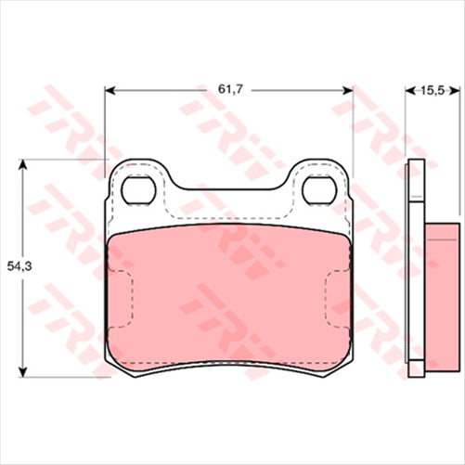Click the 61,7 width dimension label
(229, 89)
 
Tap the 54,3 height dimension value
(20, 267)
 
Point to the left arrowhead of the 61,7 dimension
(110, 90)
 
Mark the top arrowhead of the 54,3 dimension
(22, 164)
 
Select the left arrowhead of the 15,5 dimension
(412, 90)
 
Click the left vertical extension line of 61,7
(104, 121)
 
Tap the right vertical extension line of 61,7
(354, 121)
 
